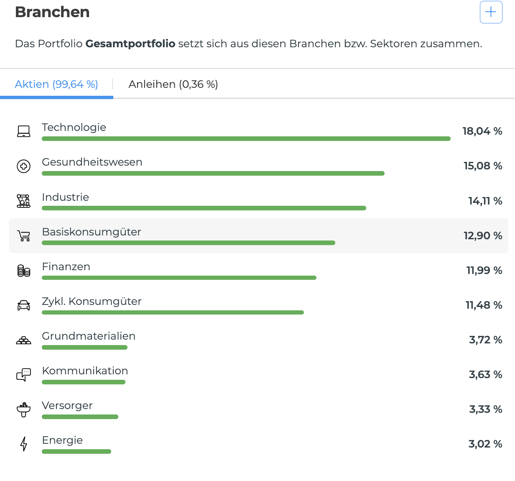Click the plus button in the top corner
point(491,12)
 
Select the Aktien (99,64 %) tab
point(56,84)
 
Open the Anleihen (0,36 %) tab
point(173,84)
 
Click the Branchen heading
point(52,12)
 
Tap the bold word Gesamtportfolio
point(130,43)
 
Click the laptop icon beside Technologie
point(24,131)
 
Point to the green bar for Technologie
point(246,139)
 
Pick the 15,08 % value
point(483,166)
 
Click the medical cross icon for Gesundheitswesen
point(24,166)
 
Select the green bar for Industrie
point(204,208)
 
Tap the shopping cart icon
point(24,236)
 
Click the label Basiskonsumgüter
point(92,232)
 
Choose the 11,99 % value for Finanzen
point(484,271)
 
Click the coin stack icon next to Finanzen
point(24,271)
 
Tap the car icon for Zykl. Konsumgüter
point(24,305)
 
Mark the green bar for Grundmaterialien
point(84,347)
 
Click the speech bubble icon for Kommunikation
point(24,375)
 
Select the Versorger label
point(67,405)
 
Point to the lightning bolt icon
point(24,444)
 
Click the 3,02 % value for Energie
point(485,444)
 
